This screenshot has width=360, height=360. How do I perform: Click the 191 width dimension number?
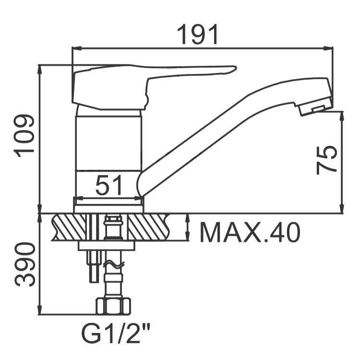197,35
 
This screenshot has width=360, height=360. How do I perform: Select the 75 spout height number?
326,160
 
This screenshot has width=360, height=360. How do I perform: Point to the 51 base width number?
108,185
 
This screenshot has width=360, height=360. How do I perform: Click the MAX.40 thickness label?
250,232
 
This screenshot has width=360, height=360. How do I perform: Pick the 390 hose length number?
25,264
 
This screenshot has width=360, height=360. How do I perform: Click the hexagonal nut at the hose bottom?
113,306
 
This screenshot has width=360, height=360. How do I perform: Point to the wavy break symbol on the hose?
114,265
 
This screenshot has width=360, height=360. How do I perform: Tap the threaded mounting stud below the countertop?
94,267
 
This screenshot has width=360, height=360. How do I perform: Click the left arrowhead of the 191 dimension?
77,48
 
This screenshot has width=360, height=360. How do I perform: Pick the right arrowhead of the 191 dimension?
328,48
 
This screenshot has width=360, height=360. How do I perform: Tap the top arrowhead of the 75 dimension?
342,116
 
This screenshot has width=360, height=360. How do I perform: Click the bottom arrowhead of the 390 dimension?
40,310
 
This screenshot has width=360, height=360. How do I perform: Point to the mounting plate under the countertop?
107,245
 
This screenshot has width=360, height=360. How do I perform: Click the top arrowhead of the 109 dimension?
40,70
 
